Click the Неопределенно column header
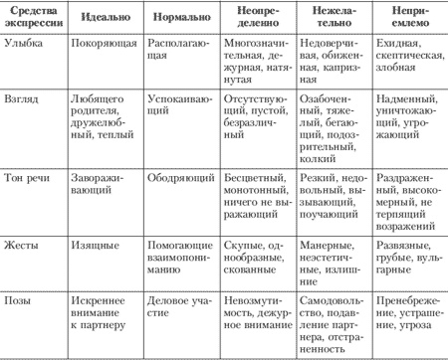click(255, 19)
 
